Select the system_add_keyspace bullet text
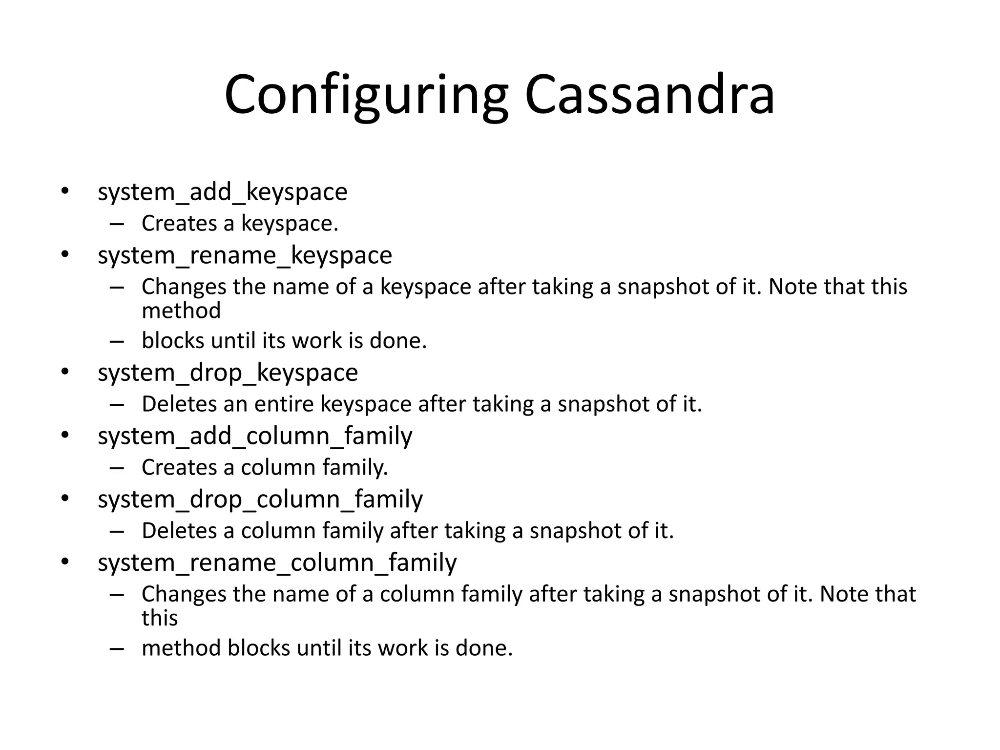222,192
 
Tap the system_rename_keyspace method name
245,255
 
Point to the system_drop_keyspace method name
228,373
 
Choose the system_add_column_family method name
255,436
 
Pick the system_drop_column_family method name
260,500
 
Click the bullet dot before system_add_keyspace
65,191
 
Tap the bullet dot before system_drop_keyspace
65,372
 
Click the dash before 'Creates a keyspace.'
117,224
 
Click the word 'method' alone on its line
181,311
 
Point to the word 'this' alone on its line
160,618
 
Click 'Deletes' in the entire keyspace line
179,404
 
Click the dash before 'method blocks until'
117,649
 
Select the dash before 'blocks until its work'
117,341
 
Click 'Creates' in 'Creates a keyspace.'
179,224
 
